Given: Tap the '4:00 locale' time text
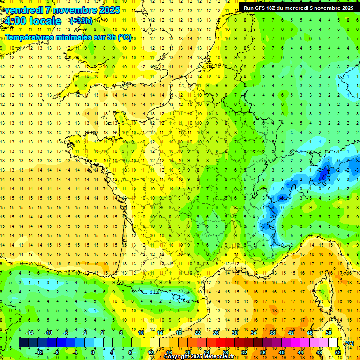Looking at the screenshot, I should coord(32,21).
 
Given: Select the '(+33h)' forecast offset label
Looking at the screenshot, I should coord(81,21).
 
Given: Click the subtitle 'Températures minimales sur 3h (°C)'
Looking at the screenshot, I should coord(68,37).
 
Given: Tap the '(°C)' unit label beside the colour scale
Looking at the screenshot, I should coord(349,343).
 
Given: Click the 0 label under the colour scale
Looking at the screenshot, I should coord(93,352).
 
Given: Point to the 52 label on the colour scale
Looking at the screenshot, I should coord(338,352).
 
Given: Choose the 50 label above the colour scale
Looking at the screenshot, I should coord(329,333).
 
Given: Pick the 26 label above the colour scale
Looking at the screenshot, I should coord(216,333).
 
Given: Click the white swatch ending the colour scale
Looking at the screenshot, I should coord(333,343).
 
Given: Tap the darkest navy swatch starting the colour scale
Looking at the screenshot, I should coord(23,343).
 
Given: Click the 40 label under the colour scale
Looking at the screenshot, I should coord(282,352).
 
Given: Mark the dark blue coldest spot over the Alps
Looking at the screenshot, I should coord(323,174).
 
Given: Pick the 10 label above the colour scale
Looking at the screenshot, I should coord(141,333).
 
